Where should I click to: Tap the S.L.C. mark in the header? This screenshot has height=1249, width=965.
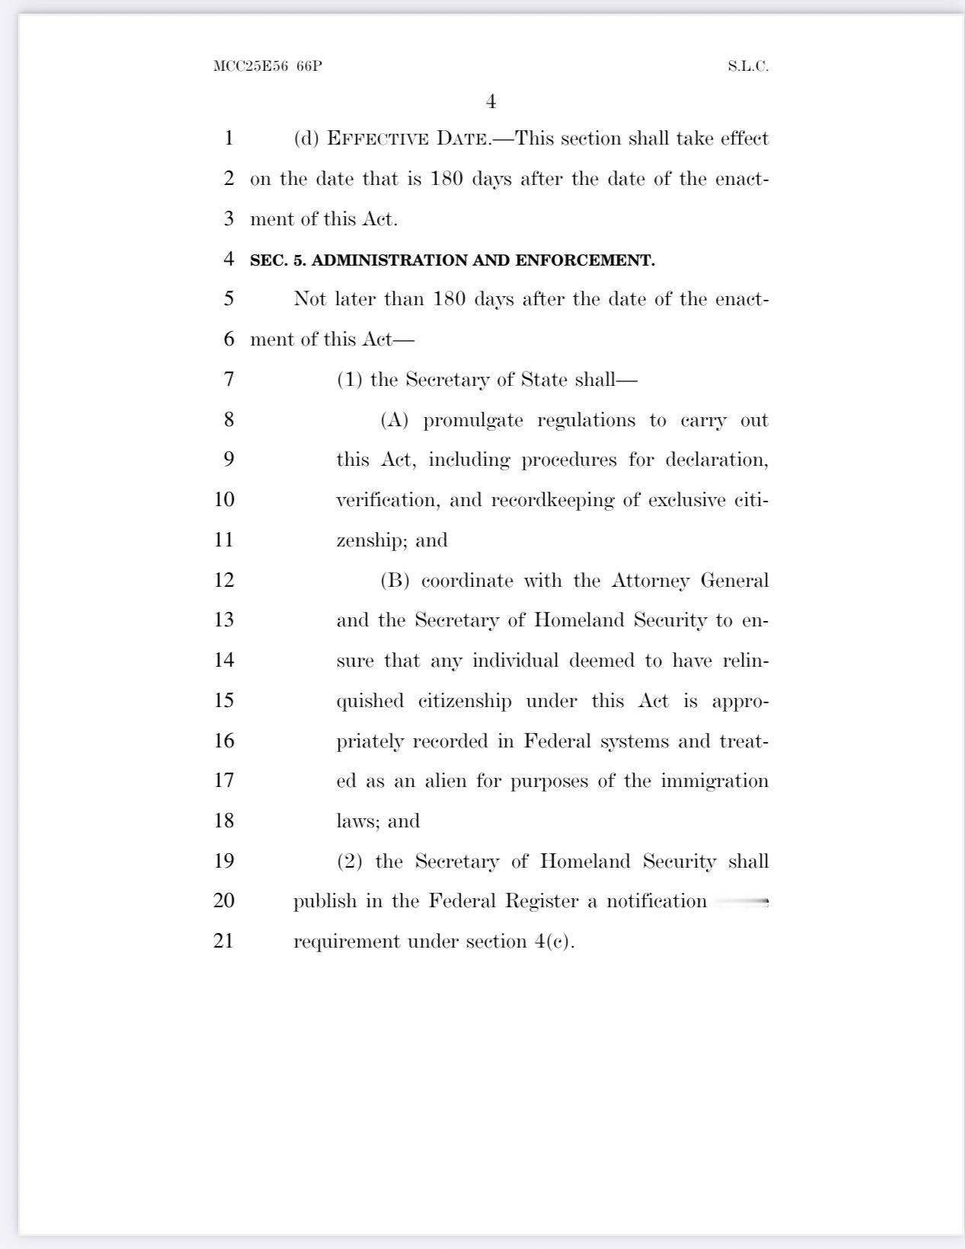[x=747, y=66]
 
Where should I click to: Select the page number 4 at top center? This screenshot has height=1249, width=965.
[x=490, y=102]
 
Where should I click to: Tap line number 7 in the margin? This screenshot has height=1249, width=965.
[x=228, y=379]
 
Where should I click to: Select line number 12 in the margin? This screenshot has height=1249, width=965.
[x=224, y=580]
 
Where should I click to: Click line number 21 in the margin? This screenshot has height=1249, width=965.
[x=223, y=941]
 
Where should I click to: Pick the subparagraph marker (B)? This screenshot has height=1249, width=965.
[x=395, y=581]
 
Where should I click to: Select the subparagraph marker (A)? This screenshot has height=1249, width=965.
[x=395, y=420]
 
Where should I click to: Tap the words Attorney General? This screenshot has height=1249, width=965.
[x=690, y=581]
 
